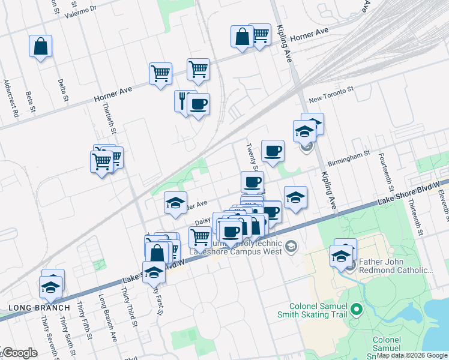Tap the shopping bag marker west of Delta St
pyautogui.click(x=40, y=46)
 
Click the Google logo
pyautogui.click(x=20, y=353)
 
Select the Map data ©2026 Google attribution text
pyautogui.click(x=412, y=355)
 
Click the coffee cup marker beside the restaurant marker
pyautogui.click(x=198, y=104)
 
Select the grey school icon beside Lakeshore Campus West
pyautogui.click(x=291, y=246)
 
